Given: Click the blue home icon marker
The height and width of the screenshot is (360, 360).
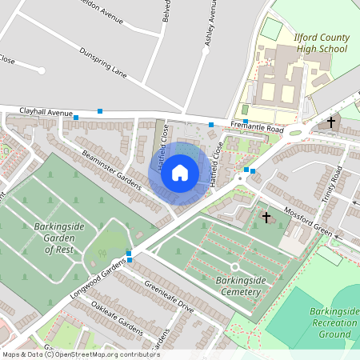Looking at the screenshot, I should [x=180, y=173].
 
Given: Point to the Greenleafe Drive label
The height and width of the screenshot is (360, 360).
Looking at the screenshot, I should [x=169, y=296].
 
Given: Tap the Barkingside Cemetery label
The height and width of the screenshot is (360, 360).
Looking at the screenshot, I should [x=238, y=286].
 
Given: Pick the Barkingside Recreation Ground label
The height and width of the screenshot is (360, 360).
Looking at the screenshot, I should [x=334, y=322].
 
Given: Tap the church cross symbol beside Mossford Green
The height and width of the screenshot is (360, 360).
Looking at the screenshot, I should [x=266, y=218].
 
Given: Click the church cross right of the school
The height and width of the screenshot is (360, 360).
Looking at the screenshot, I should [x=331, y=122].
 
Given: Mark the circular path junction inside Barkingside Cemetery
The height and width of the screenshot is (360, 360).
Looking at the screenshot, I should [x=234, y=266].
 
